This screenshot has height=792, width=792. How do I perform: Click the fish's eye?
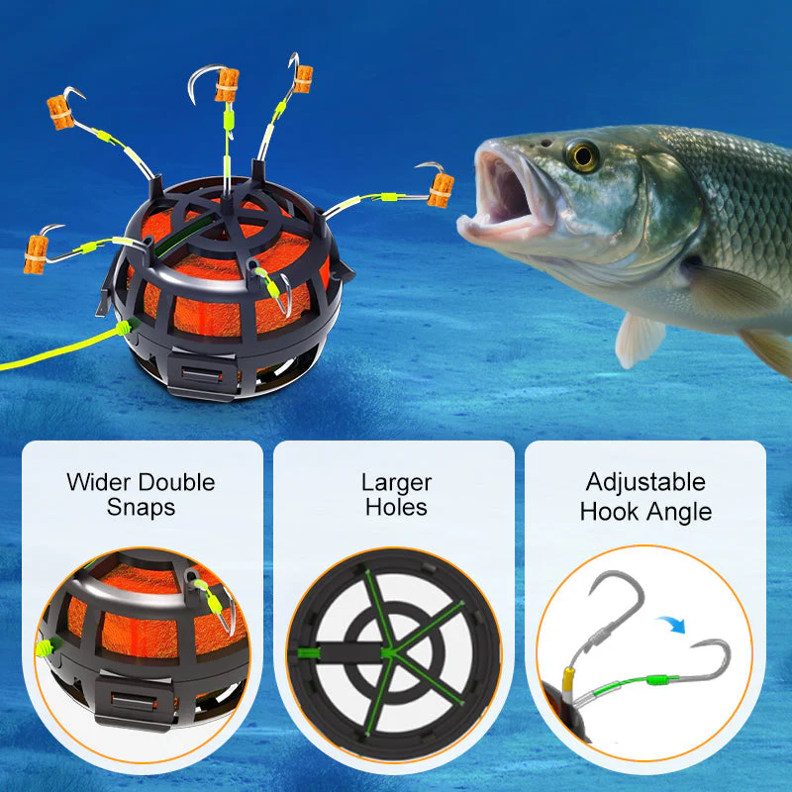[582, 154]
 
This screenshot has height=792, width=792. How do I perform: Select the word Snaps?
[141, 508]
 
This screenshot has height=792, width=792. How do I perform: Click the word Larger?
[396, 483]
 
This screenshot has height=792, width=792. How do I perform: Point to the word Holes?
[396, 508]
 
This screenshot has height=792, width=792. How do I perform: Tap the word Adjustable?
[645, 483]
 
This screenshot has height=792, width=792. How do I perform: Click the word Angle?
[684, 512]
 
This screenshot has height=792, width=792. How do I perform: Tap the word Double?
[176, 483]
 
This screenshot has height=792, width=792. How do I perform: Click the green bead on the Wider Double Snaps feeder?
[44, 648]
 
